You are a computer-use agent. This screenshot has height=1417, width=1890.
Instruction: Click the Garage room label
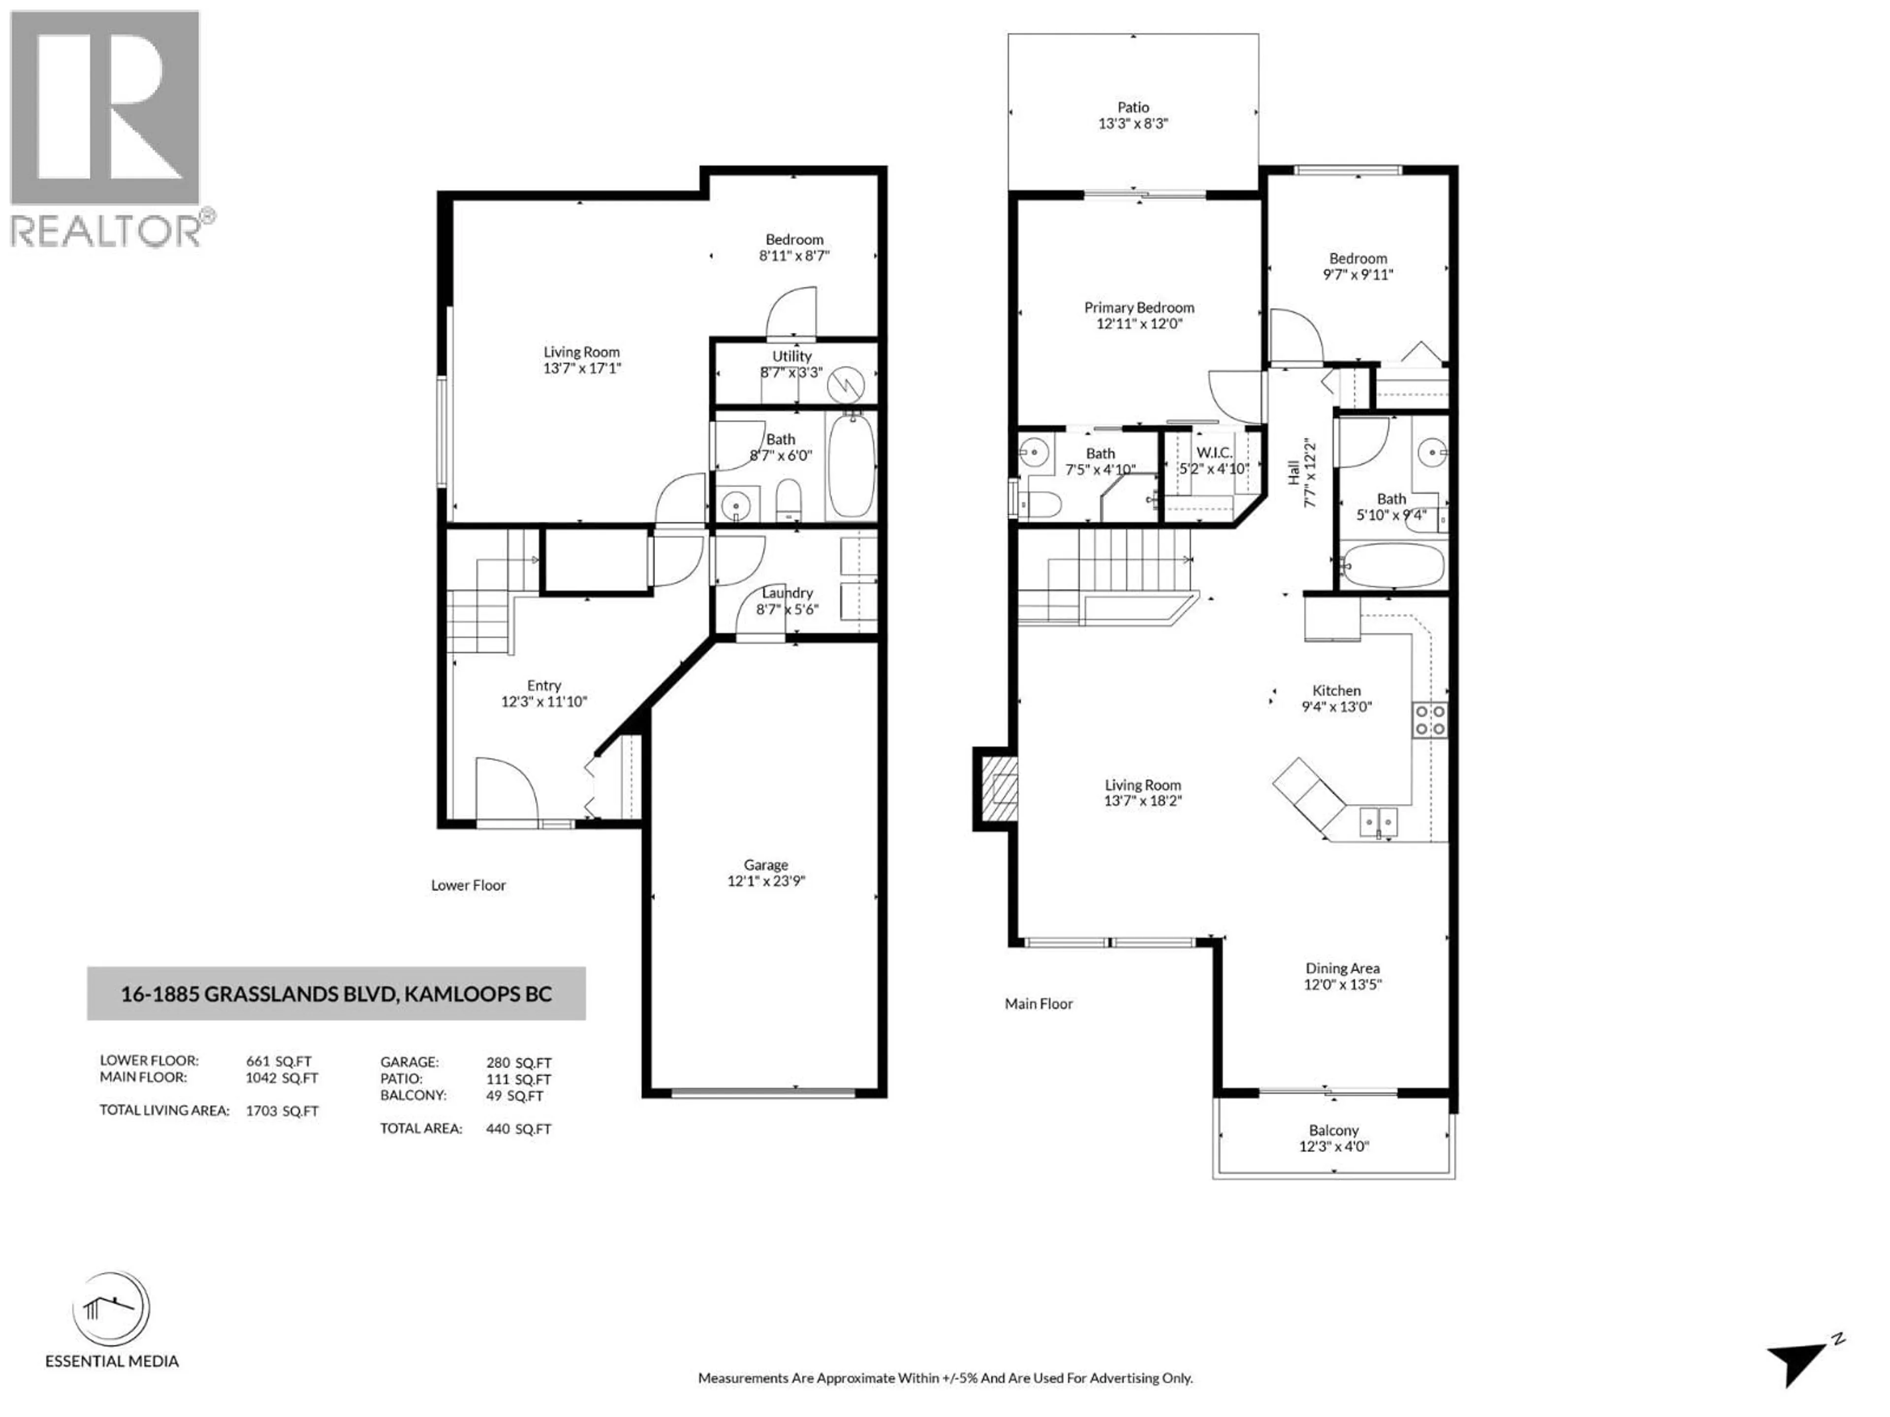(x=765, y=864)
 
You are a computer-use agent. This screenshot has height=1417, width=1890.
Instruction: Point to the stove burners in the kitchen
(x=1429, y=719)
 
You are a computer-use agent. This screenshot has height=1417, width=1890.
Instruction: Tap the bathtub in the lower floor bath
(x=851, y=466)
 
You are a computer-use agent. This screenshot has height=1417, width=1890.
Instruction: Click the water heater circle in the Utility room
(x=848, y=384)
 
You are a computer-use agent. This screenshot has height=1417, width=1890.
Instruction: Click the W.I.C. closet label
(x=1213, y=453)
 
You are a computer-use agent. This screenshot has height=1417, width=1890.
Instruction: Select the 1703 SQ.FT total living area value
(x=282, y=1111)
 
